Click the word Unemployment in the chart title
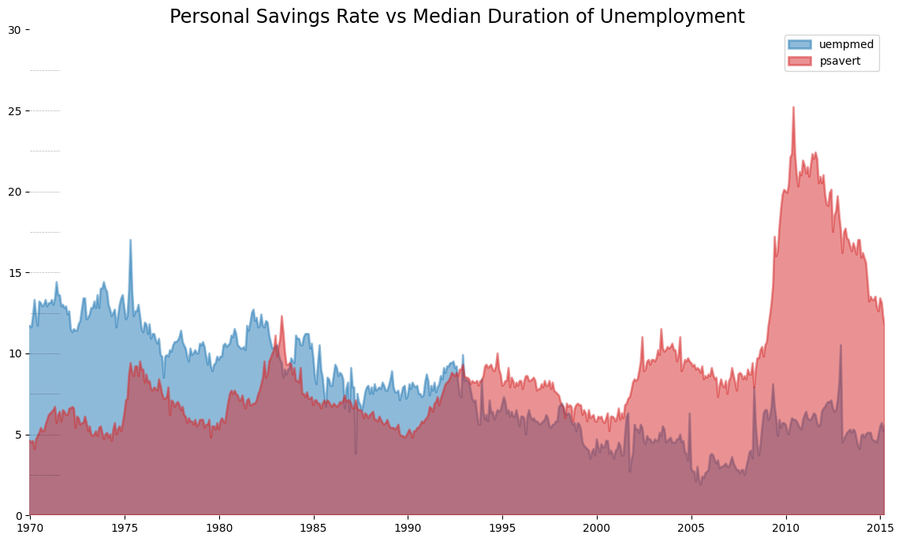687,17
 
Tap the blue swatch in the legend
800,45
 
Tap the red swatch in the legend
800,62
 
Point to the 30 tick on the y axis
15,30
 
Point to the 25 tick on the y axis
15,111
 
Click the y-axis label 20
15,192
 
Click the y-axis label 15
15,273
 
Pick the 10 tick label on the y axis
15,353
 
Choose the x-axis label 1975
125,527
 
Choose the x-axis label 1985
313,527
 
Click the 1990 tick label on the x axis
408,527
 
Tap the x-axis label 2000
597,527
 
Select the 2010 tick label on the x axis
785,527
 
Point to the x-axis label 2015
880,527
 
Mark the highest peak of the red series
793,108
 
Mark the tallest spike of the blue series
130,241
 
